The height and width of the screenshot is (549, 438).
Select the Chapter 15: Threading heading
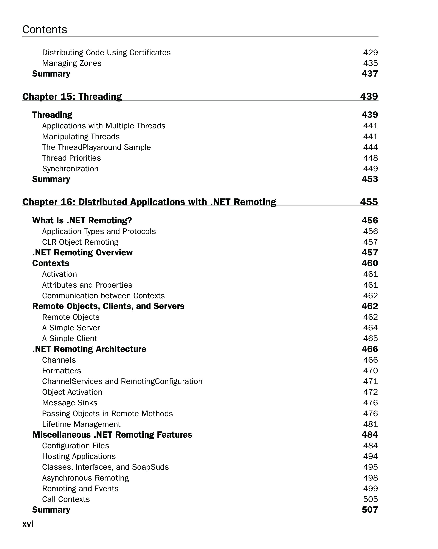[x=72, y=97]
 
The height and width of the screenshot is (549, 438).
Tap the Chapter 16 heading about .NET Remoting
[x=149, y=202]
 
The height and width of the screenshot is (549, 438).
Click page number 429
[x=370, y=52]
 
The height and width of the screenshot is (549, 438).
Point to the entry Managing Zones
[x=72, y=63]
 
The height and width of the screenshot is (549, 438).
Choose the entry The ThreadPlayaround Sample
[x=96, y=147]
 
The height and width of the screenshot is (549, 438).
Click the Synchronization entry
[x=70, y=169]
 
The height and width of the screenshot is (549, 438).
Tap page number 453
[x=370, y=179]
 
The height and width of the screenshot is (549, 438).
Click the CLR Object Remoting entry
[x=80, y=242]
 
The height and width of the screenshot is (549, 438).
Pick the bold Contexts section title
[x=51, y=263]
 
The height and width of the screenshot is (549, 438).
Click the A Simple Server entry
[x=71, y=328]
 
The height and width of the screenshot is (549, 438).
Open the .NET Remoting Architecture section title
[x=89, y=349]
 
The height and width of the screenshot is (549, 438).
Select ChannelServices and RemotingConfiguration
[x=122, y=381]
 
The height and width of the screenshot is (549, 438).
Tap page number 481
[x=370, y=424]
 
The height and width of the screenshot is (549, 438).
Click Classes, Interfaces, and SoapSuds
[x=105, y=467]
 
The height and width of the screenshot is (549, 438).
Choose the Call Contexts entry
[x=66, y=499]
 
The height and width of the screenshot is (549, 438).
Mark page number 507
[x=370, y=509]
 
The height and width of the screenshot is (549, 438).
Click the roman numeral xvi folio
[x=28, y=524]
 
